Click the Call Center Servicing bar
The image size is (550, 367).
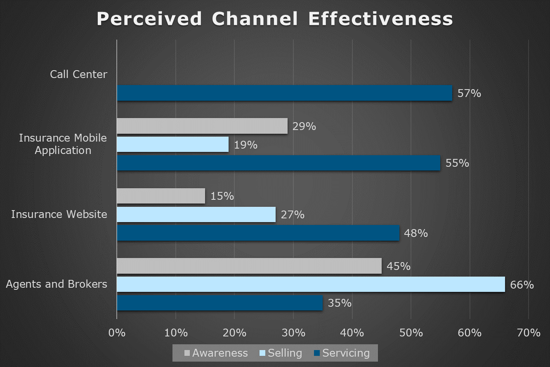(x=284, y=93)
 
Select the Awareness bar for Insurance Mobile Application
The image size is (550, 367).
(x=202, y=126)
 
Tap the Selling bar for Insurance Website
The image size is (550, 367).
(x=196, y=215)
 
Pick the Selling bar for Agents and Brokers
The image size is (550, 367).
(x=311, y=284)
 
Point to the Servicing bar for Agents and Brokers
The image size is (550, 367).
(x=220, y=303)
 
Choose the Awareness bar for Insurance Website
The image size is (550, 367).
(x=161, y=196)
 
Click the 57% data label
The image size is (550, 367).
(x=469, y=94)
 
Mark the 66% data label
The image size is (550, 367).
(x=522, y=285)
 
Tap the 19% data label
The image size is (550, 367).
(x=245, y=145)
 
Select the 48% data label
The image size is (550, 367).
(x=416, y=233)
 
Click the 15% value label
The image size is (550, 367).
(x=222, y=196)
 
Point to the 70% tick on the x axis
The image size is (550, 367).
(x=529, y=333)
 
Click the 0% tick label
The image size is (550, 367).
(x=117, y=333)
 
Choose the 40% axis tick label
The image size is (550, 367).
(x=352, y=333)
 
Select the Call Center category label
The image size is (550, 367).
(x=78, y=74)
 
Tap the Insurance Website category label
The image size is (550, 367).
(x=59, y=214)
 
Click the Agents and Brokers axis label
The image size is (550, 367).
(x=57, y=284)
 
